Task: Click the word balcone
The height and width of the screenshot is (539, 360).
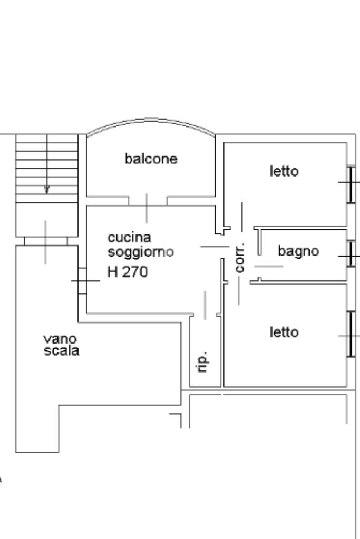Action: (151, 159)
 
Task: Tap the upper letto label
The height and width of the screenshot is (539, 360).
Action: (284, 171)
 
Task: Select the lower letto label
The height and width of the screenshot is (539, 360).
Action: (284, 332)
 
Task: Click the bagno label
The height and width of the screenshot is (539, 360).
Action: (298, 251)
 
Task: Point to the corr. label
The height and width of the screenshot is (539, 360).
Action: (240, 258)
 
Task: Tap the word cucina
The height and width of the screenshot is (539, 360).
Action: (129, 238)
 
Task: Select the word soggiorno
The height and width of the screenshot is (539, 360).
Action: (141, 252)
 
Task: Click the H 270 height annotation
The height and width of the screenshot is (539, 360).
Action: (128, 272)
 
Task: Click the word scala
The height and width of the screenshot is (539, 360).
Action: (62, 351)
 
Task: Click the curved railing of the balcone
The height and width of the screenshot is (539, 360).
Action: (151, 122)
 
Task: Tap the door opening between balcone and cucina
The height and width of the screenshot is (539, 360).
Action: (148, 201)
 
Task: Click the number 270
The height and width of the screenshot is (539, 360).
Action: (135, 272)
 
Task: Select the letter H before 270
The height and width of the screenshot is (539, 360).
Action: (112, 272)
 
